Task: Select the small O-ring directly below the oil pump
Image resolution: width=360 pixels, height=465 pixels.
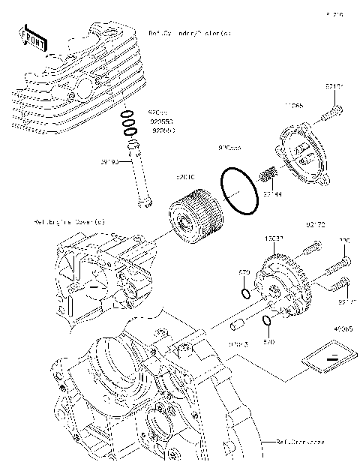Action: tap(267, 322)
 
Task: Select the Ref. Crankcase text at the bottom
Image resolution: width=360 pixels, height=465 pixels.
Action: tap(299, 442)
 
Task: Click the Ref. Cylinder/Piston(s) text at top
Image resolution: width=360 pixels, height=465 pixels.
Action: tap(189, 34)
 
